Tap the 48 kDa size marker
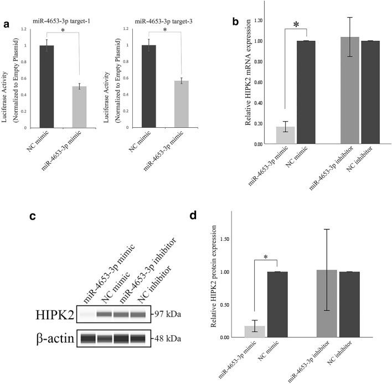pyautogui.click(x=169, y=337)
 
